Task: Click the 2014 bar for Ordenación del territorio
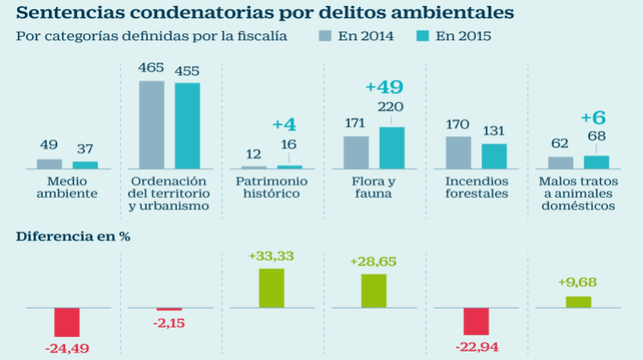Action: point(151,124)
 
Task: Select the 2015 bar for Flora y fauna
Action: point(392,147)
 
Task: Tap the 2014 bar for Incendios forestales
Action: point(458,153)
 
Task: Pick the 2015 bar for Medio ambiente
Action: point(85,165)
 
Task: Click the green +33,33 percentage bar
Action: point(272,288)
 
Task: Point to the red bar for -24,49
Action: point(67,322)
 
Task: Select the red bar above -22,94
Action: point(476,321)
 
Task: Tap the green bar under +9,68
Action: point(578,302)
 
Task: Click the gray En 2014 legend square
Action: point(325,36)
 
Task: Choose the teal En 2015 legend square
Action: point(423,36)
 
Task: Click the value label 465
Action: point(151,68)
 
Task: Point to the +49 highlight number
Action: point(384,87)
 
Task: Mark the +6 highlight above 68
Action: point(593,117)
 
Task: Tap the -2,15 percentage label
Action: point(169,323)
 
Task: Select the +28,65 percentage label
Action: point(373,261)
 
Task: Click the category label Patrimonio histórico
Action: point(272,188)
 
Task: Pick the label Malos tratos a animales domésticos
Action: point(578,194)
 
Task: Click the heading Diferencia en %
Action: point(73,237)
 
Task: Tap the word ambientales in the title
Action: point(453,13)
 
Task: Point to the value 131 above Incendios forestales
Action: point(493,131)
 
